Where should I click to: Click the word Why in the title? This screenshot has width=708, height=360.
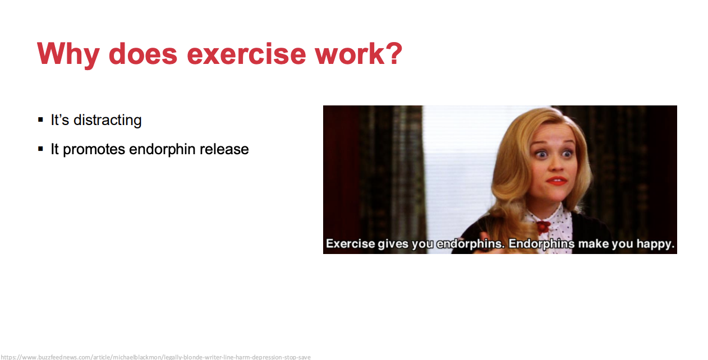(68, 54)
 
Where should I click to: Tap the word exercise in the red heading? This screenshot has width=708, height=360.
(246, 54)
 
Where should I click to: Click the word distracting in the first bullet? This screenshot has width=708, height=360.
(108, 121)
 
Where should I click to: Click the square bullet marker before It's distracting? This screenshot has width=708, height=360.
(40, 119)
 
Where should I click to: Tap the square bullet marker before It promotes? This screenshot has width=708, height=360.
(40, 149)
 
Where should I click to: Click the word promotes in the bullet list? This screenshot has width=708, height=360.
(94, 149)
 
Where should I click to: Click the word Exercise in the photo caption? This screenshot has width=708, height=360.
(351, 243)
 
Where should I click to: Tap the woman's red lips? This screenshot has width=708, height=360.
(557, 181)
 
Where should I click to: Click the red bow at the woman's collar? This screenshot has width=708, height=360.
(543, 227)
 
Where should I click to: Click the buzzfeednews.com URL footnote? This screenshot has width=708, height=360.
(155, 357)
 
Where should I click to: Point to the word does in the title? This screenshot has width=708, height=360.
(143, 54)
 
